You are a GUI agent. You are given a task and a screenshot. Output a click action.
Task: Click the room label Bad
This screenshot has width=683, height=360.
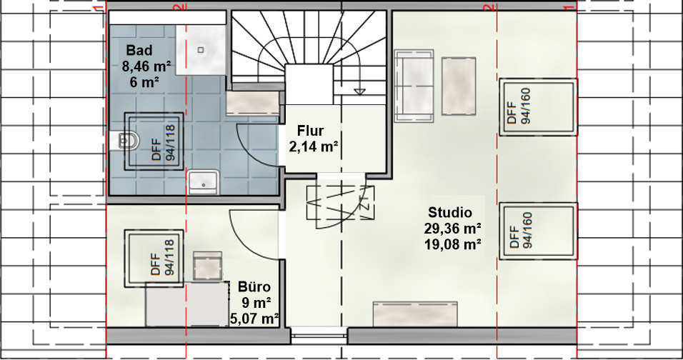tap(139, 51)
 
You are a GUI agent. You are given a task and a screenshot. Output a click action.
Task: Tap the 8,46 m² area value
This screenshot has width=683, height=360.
tap(146, 66)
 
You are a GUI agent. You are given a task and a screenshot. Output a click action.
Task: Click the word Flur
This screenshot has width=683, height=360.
tap(311, 131)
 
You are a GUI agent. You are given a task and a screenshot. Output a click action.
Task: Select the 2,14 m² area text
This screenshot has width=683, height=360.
tap(314, 146)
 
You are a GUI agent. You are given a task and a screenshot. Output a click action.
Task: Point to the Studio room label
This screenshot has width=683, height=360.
tap(450, 212)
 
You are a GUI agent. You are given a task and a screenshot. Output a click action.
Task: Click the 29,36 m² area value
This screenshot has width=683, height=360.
tap(452, 229)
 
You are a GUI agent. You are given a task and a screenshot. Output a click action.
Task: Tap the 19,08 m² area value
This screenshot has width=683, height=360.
tap(452, 244)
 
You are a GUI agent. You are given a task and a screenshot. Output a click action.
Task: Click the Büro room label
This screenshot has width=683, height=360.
tap(254, 287)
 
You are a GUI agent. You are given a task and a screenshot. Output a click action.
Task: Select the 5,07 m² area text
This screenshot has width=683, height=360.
tap(254, 319)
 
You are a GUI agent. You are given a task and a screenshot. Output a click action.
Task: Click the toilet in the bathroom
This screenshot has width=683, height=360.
tap(124, 141)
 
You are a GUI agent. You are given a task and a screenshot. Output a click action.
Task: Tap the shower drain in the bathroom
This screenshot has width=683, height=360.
tap(201, 50)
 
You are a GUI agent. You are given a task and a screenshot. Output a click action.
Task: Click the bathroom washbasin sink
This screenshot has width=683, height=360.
tap(204, 182)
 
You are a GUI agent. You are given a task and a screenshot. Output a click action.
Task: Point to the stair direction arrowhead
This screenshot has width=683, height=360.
tap(359, 91)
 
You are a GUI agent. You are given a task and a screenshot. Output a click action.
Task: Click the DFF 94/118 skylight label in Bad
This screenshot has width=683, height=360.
tap(164, 143)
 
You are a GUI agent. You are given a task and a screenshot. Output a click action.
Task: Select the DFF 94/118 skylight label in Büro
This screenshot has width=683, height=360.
tap(163, 258)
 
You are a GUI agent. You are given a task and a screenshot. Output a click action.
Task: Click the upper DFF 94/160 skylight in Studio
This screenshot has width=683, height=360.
tap(539, 106)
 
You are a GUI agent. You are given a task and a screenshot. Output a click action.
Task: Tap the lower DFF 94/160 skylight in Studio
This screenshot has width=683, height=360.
tap(539, 231)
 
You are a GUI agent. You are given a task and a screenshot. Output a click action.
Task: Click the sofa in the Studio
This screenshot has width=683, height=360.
tap(414, 86)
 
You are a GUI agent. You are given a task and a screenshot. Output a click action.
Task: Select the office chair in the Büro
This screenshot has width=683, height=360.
tap(208, 266)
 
